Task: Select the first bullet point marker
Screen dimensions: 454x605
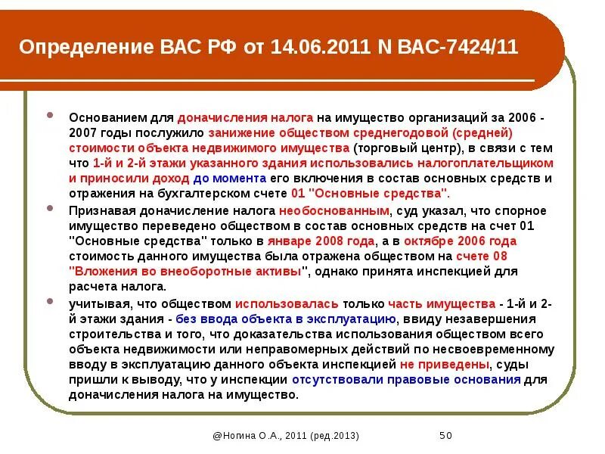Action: pyautogui.click(x=51, y=117)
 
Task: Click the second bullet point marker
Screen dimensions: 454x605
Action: pyautogui.click(x=51, y=207)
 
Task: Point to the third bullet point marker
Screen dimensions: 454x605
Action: pyautogui.click(x=51, y=300)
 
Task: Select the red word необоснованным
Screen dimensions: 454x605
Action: pyautogui.click(x=335, y=210)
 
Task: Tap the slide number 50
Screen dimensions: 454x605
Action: pyautogui.click(x=445, y=437)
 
